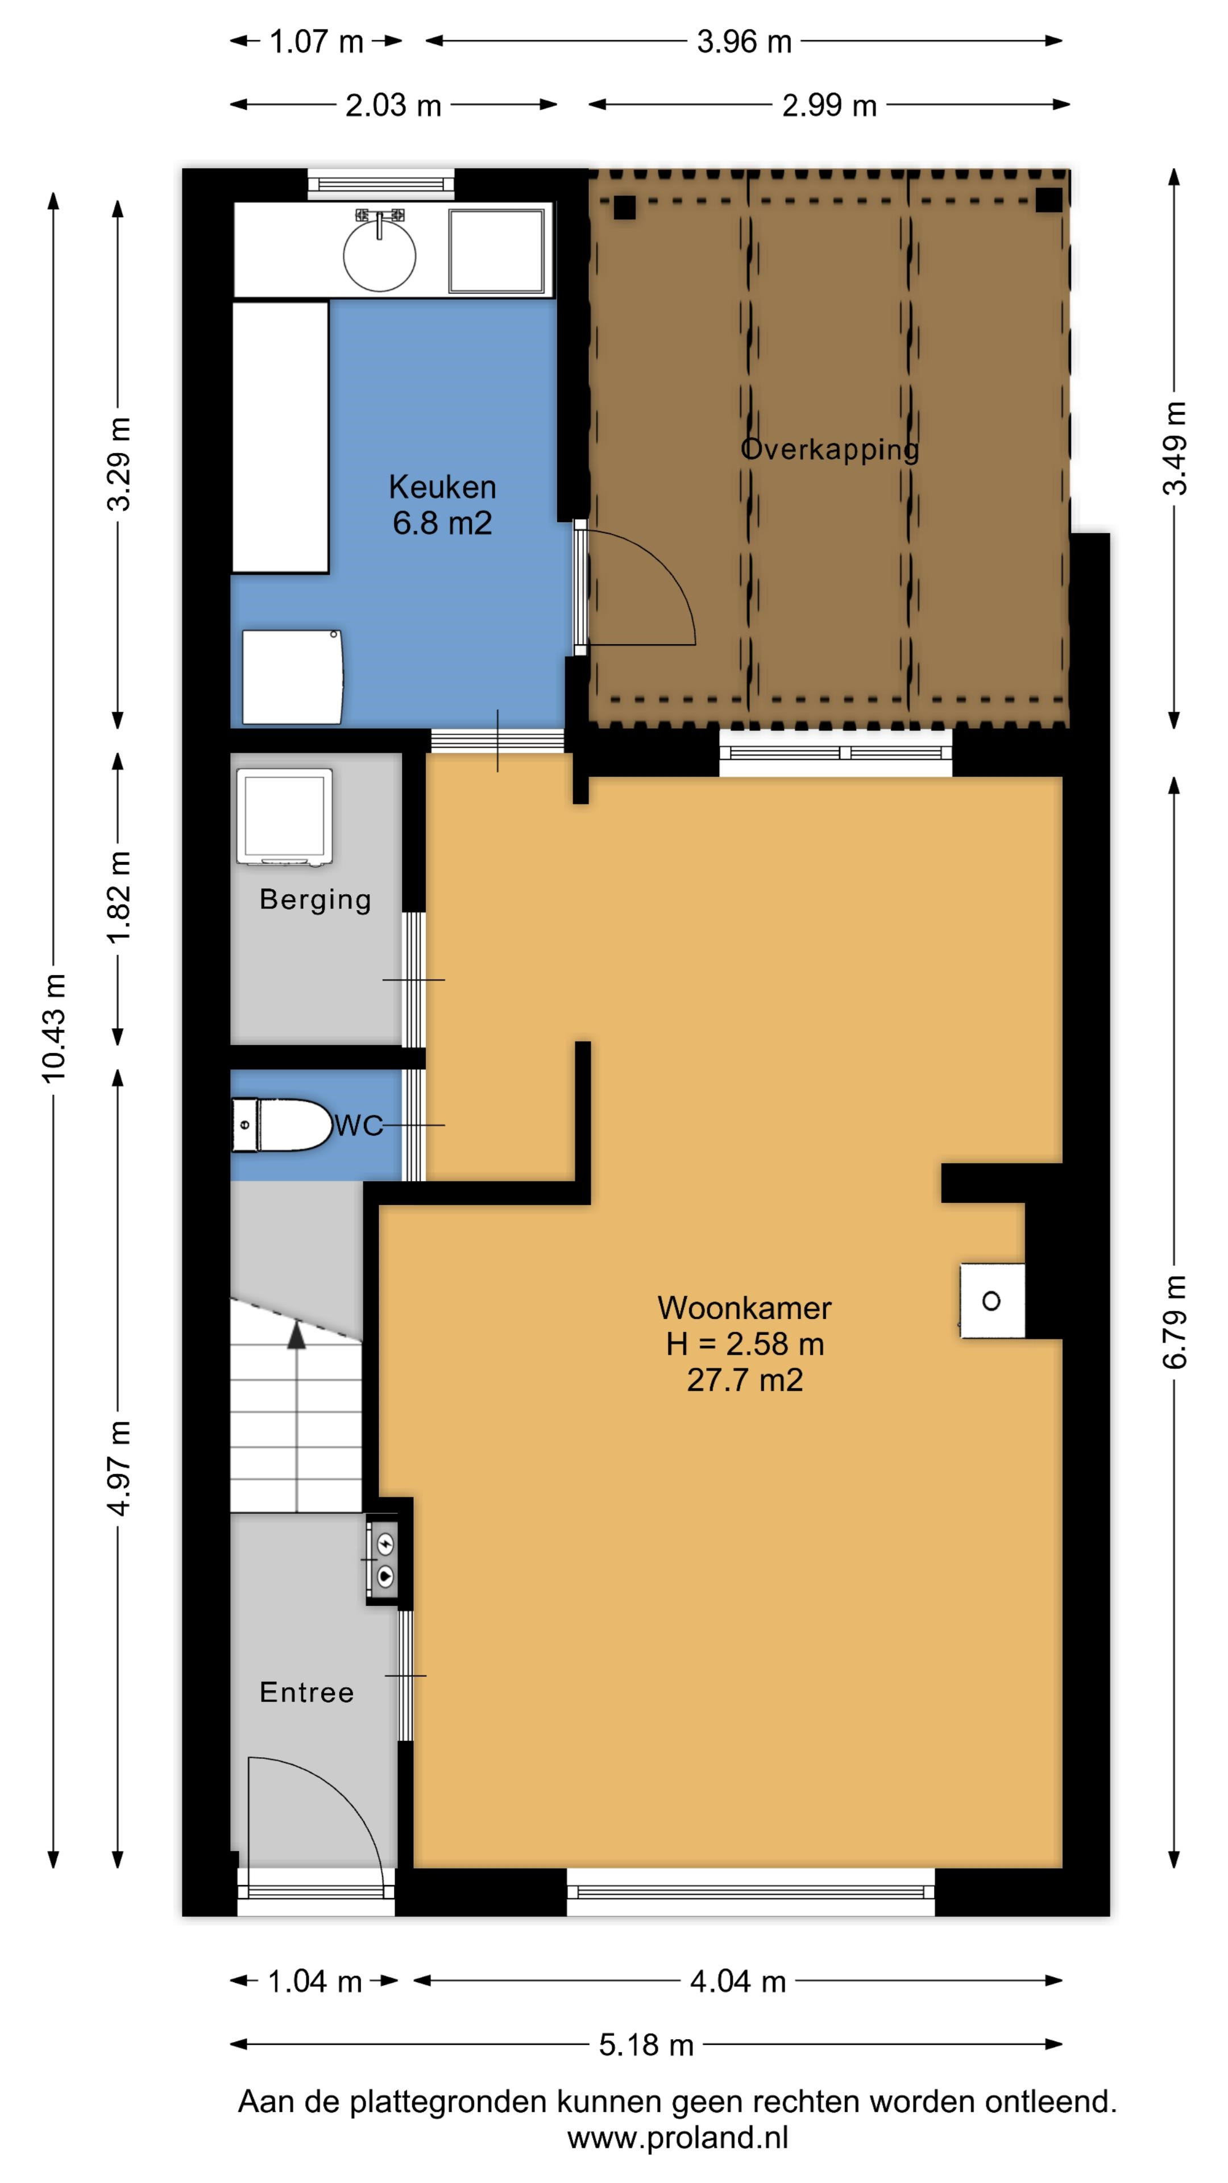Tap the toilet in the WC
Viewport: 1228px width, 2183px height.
(x=281, y=1124)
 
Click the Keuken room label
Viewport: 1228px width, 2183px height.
(x=442, y=487)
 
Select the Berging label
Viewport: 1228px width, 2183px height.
(x=316, y=900)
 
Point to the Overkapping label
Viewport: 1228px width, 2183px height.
(x=829, y=449)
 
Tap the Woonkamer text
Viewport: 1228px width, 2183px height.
(x=744, y=1308)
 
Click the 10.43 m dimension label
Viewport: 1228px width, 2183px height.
(x=54, y=1028)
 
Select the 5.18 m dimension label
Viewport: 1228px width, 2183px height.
(x=646, y=2045)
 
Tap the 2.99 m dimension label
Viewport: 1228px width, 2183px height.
(x=829, y=106)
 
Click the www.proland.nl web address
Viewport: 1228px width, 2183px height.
(x=678, y=2138)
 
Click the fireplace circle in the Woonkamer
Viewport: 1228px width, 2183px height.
(x=991, y=1301)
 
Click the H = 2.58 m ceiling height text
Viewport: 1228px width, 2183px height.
(x=745, y=1344)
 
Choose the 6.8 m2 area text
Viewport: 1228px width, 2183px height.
(x=442, y=524)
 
